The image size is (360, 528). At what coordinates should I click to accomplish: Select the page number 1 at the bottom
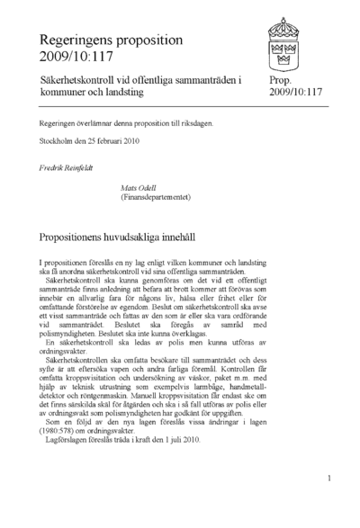tap(329, 479)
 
